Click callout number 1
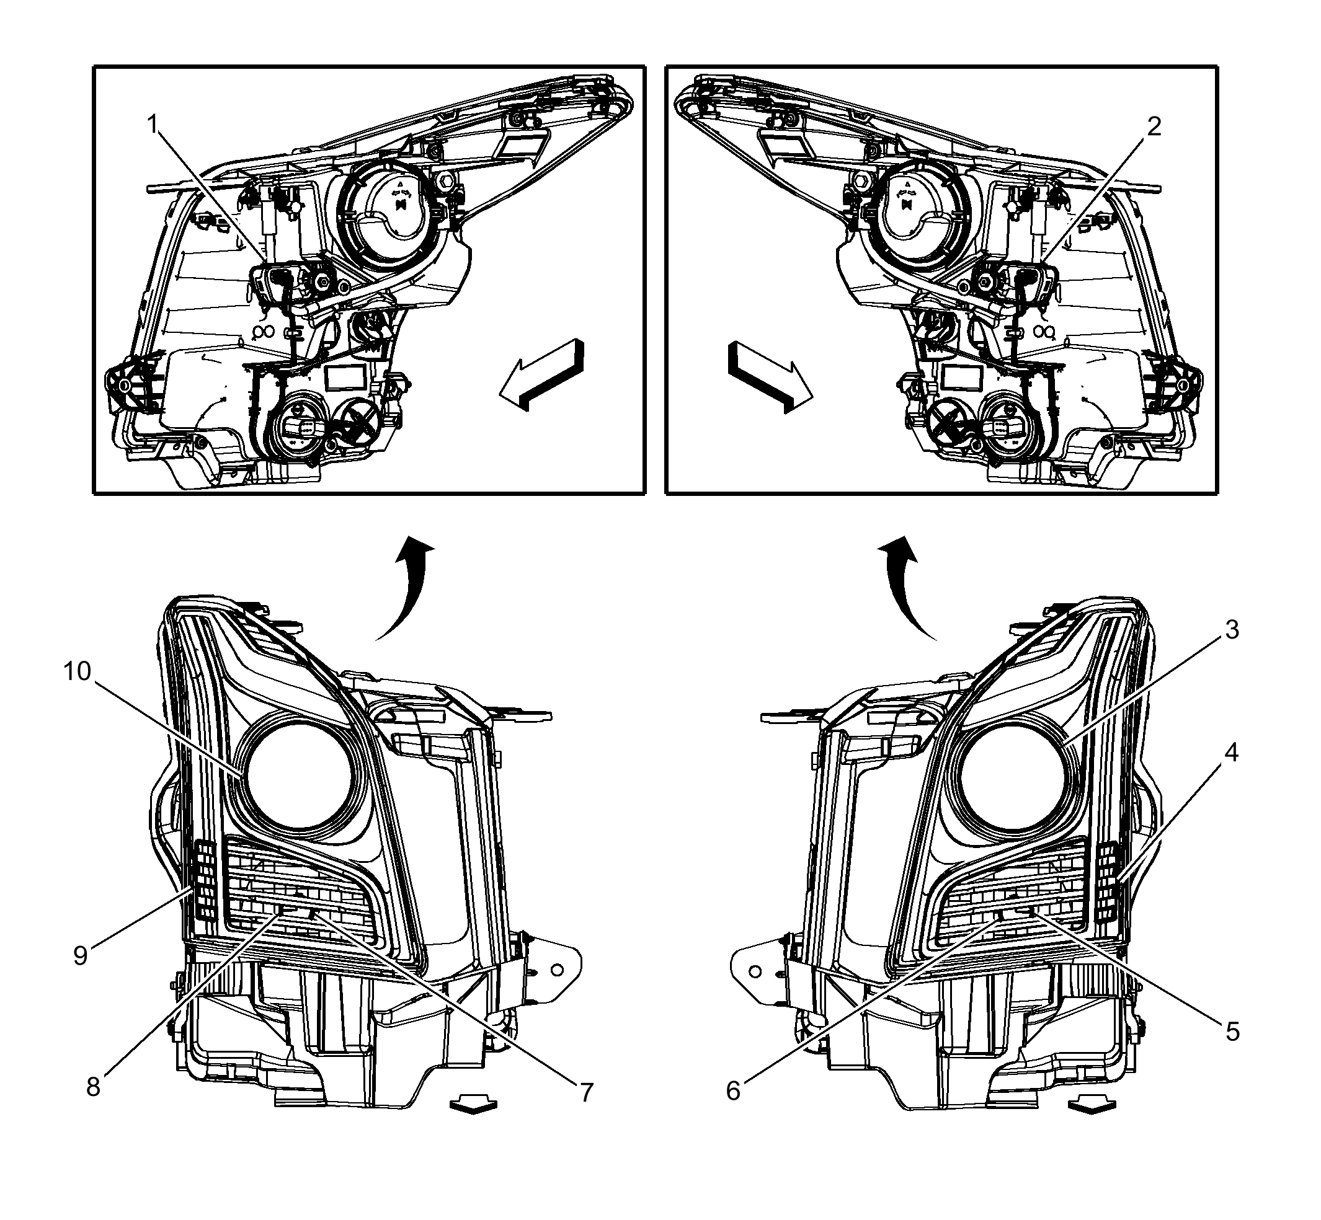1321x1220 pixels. (x=153, y=123)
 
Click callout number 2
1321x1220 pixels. (x=1154, y=125)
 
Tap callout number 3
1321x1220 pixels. (x=1232, y=630)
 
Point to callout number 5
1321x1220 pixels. (x=1232, y=1031)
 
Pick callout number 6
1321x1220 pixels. (x=733, y=1091)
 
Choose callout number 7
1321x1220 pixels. (x=587, y=1092)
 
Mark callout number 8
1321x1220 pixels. (x=93, y=1087)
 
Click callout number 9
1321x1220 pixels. (x=81, y=955)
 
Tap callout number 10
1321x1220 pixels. (x=77, y=671)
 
